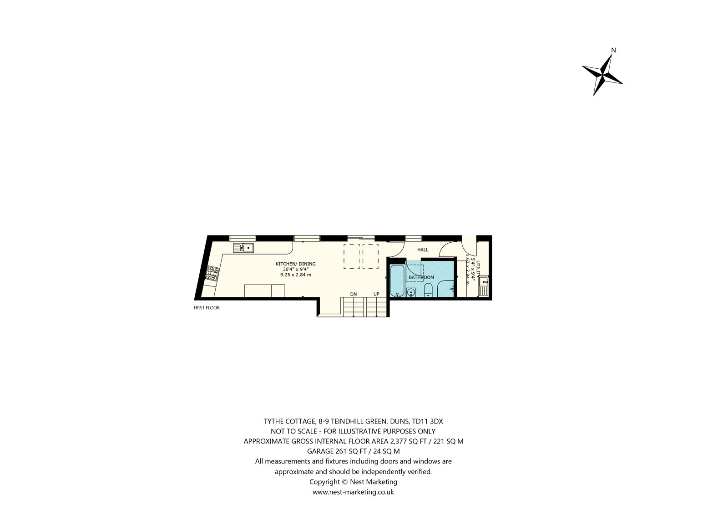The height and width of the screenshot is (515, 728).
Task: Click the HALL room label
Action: coord(423,250)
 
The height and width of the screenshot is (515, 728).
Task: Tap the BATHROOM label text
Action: coord(421,277)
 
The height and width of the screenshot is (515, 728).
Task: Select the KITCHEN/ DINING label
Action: coord(295,264)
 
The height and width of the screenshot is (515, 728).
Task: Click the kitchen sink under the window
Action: coord(243,248)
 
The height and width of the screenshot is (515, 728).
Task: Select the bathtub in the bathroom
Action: coord(397,280)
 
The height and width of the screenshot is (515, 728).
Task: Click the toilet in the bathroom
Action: coord(428,290)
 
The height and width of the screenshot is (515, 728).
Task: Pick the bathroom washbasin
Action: coord(411,292)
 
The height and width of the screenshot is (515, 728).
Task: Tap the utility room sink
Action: coord(483,286)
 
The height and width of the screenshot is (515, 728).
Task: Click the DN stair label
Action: coord(353,294)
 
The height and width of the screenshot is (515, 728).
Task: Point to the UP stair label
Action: coord(376,294)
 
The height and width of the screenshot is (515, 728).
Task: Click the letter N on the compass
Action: coord(614,50)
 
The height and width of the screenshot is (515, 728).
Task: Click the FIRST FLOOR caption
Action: coord(207,308)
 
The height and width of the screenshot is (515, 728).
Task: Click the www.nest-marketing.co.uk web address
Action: coord(353,492)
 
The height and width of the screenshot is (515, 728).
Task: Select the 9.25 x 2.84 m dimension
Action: coord(296,275)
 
